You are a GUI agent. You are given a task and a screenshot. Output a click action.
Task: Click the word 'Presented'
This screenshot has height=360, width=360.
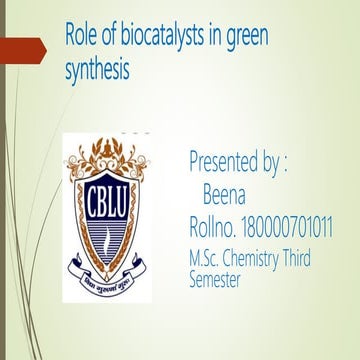click(227, 162)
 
